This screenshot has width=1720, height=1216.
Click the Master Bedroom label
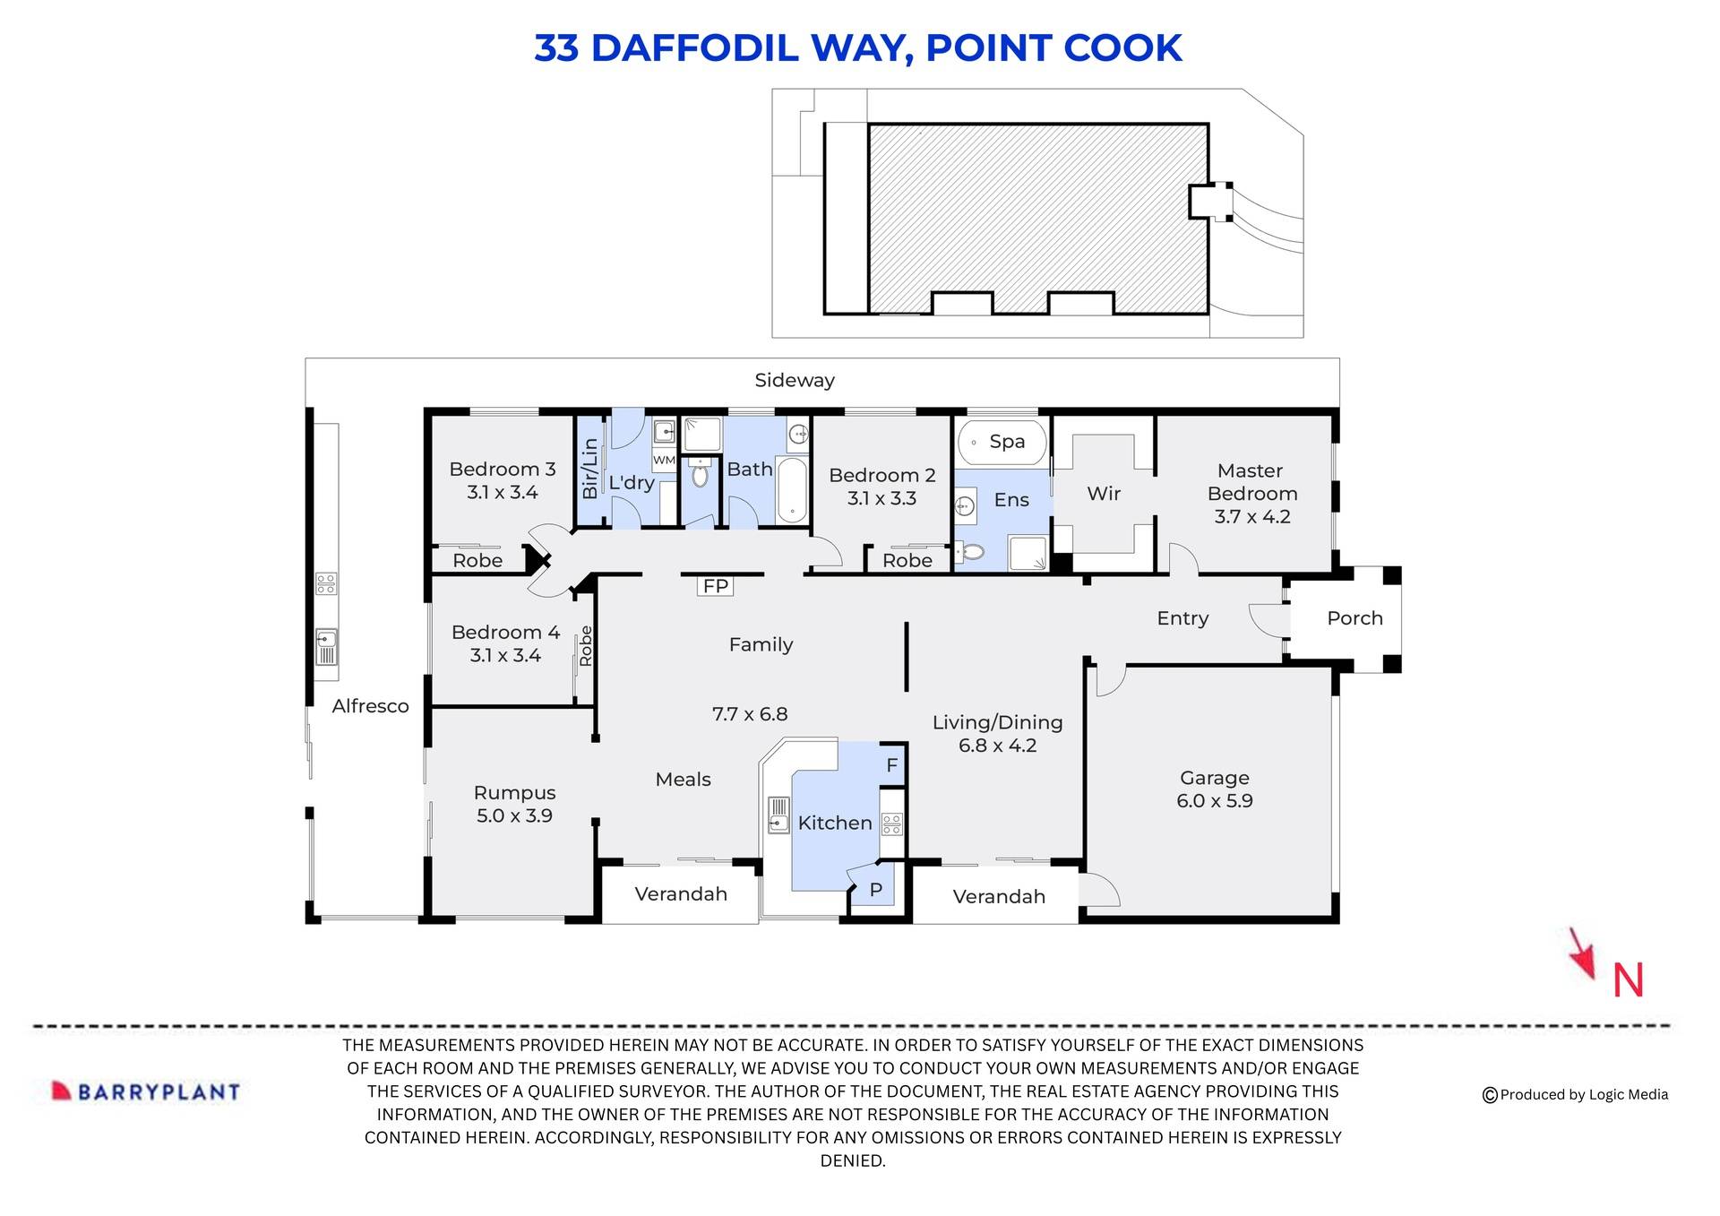[1251, 493]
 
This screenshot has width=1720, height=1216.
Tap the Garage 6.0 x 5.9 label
[1214, 789]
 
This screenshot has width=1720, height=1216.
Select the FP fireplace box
[715, 586]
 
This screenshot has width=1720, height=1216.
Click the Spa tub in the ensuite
[1002, 442]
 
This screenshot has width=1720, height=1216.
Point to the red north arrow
[1583, 955]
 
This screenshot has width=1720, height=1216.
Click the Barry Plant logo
[146, 1091]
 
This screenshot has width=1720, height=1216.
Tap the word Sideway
[794, 380]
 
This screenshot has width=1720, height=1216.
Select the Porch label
[1354, 617]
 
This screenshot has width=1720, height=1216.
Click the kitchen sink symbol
[778, 815]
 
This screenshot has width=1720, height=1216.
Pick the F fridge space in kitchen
[892, 765]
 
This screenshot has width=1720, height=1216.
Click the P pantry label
[876, 890]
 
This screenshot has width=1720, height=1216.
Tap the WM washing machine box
[664, 460]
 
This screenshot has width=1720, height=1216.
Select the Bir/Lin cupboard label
[589, 469]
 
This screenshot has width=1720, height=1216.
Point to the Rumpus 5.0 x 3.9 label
[514, 804]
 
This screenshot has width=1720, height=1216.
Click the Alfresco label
[370, 705]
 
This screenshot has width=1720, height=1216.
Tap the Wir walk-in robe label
[1104, 493]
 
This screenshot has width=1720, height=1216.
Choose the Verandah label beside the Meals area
[681, 893]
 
